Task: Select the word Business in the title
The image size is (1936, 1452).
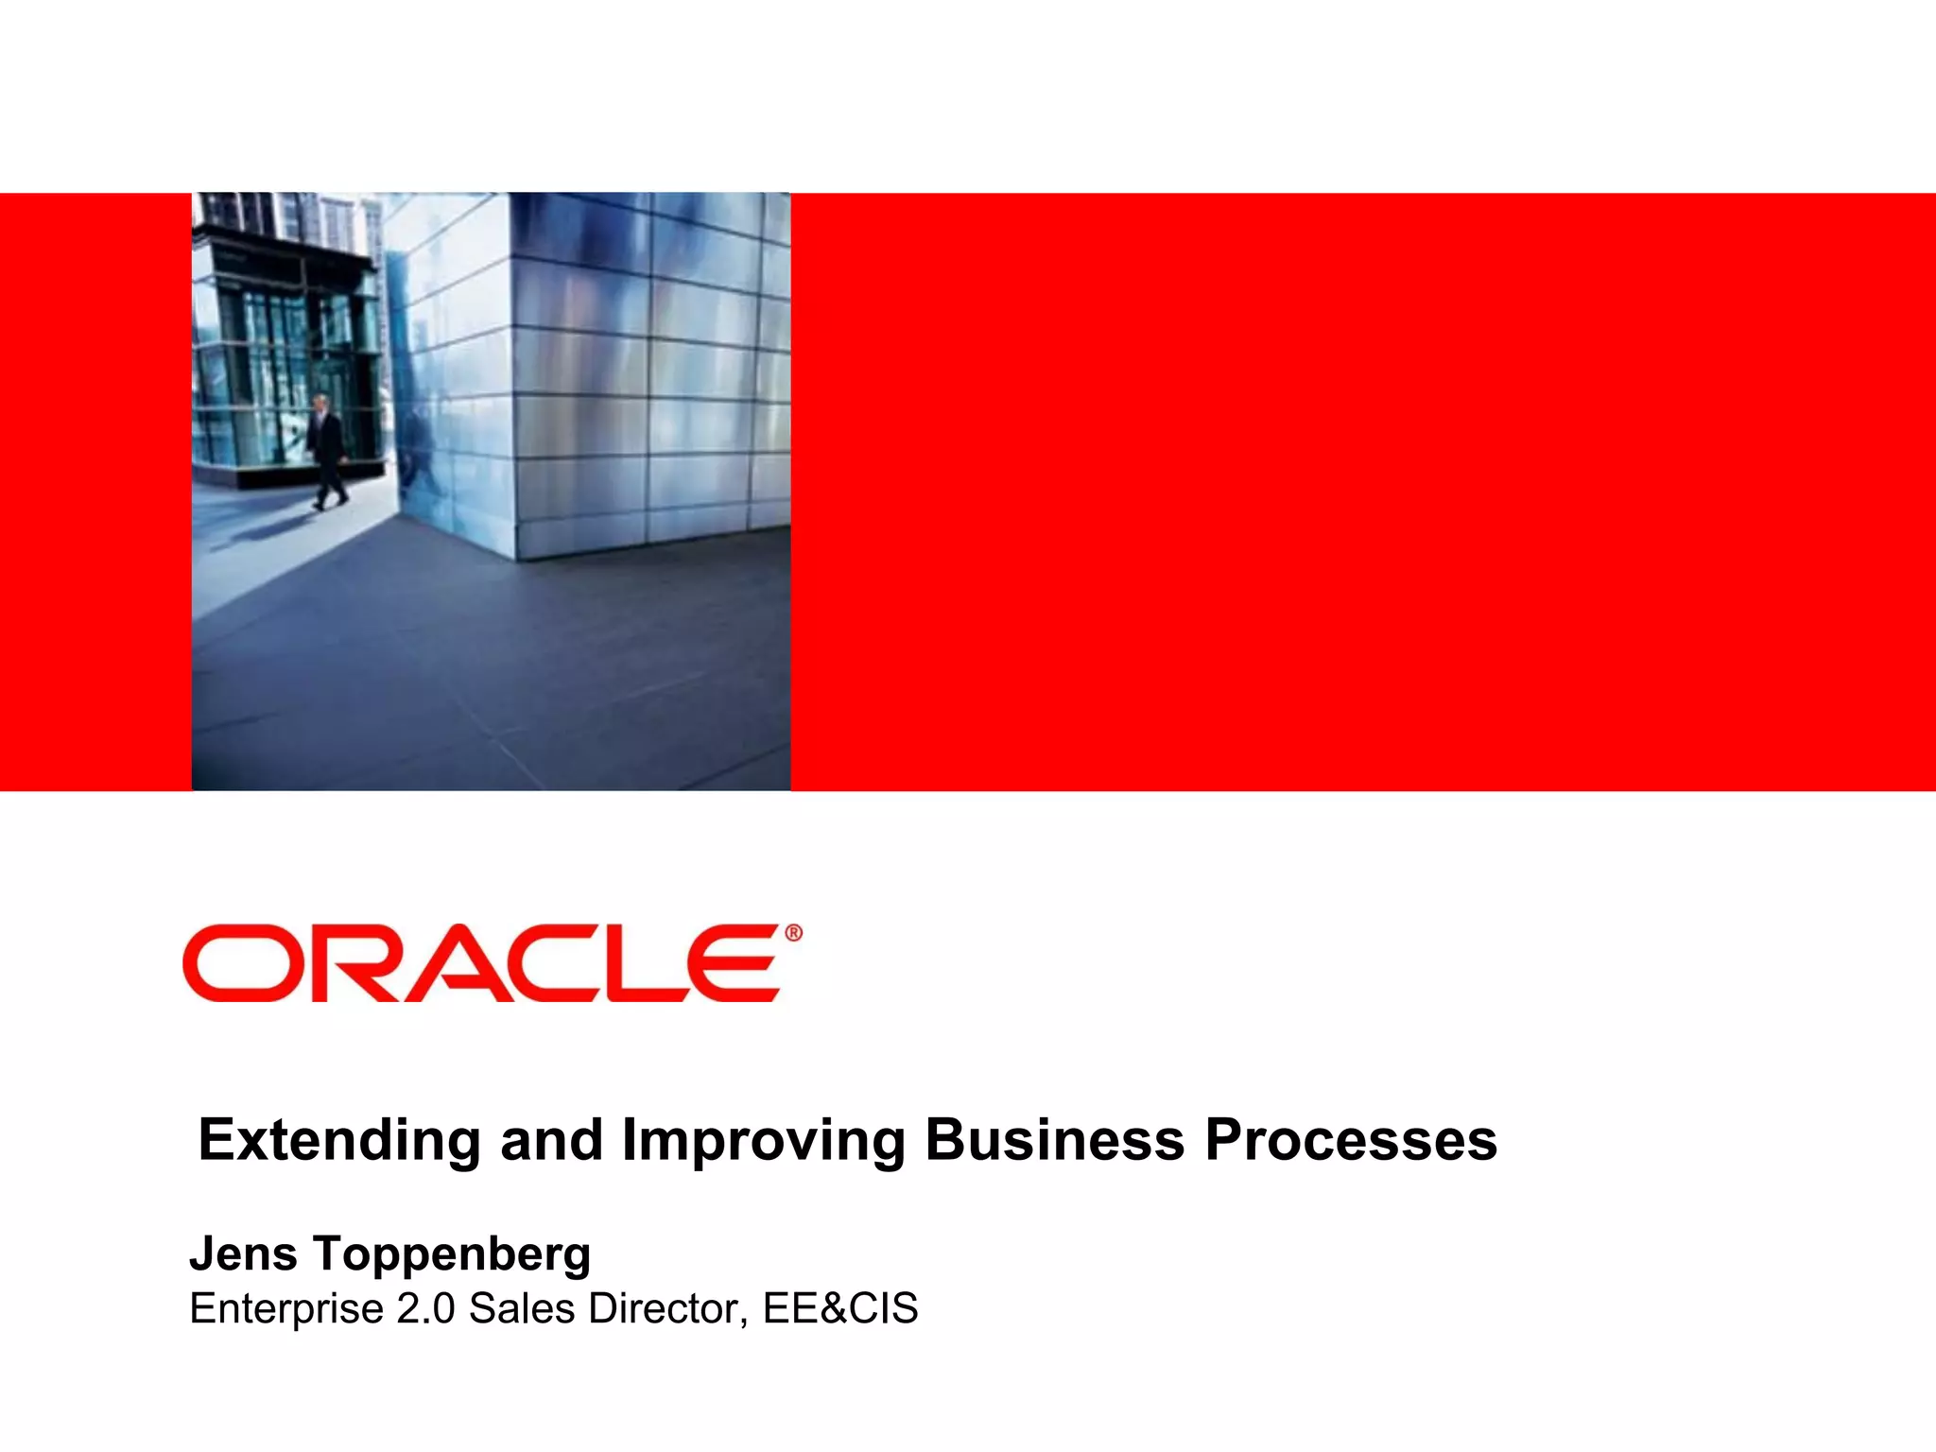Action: (x=1054, y=1140)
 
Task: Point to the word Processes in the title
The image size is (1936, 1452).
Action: (x=1351, y=1140)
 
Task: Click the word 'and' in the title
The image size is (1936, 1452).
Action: (x=551, y=1140)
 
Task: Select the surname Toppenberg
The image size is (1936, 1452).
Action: (x=452, y=1255)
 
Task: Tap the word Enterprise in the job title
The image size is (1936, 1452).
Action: (x=285, y=1309)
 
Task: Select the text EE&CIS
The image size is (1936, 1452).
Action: (x=840, y=1309)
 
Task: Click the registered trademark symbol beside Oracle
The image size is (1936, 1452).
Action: (x=793, y=933)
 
